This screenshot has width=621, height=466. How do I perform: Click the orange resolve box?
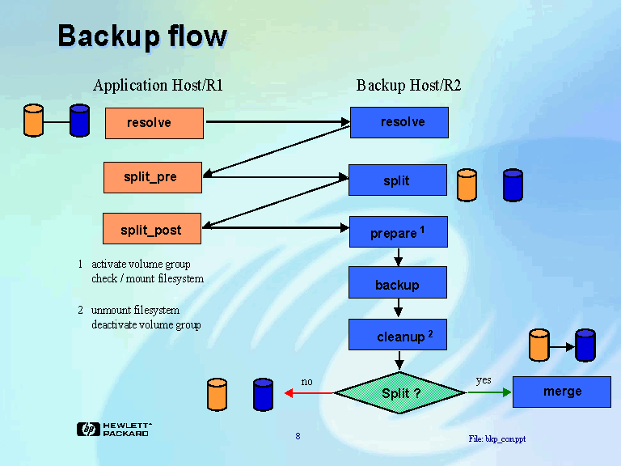point(154,123)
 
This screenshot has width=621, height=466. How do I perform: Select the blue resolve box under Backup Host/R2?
point(399,122)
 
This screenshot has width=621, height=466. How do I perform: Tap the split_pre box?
point(152,177)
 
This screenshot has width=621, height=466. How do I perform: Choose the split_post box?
point(151,231)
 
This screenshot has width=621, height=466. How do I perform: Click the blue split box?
point(397,180)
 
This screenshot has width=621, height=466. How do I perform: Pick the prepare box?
point(398,232)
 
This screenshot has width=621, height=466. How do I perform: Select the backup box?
point(397,284)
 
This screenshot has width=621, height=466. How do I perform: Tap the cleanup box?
point(398,335)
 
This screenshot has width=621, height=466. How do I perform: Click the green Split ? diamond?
point(400,393)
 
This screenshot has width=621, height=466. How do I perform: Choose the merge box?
point(562,392)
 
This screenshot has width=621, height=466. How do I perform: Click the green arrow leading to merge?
point(489,392)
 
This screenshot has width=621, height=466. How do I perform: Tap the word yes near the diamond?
point(484,379)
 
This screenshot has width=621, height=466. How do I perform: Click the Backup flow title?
point(142,36)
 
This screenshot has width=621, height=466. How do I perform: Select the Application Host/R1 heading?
point(158,85)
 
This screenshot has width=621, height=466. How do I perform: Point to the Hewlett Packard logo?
point(113,429)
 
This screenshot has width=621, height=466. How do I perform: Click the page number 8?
point(298,437)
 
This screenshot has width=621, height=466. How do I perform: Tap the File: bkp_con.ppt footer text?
point(496,438)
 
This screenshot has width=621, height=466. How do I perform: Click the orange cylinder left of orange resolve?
point(33,121)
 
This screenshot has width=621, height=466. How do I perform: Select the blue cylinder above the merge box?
point(585,345)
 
